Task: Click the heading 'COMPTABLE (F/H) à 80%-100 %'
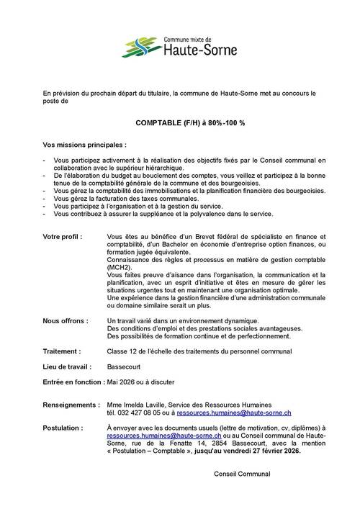tap(180, 123)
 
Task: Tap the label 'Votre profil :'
tap(63, 236)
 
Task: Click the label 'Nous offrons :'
tap(64, 320)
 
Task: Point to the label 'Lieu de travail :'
tap(67, 366)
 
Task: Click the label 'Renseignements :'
tap(71, 407)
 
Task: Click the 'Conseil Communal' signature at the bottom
tap(242, 474)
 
